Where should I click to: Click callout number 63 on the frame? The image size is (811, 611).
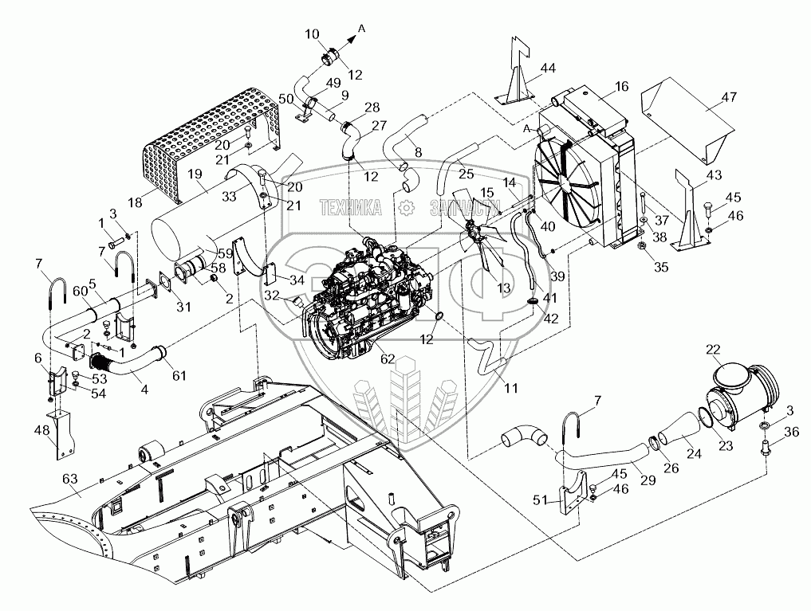pyautogui.click(x=70, y=479)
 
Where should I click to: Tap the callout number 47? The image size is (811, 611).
pyautogui.click(x=730, y=96)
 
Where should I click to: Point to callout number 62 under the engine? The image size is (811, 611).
pyautogui.click(x=388, y=359)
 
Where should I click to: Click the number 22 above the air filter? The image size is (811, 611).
pyautogui.click(x=713, y=351)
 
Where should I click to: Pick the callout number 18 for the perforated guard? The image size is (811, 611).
pyautogui.click(x=135, y=202)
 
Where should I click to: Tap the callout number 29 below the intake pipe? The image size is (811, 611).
pyautogui.click(x=648, y=480)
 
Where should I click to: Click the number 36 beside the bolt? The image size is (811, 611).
pyautogui.click(x=791, y=431)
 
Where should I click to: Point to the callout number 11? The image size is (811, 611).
pyautogui.click(x=511, y=387)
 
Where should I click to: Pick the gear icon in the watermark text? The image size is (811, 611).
pyautogui.click(x=407, y=208)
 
